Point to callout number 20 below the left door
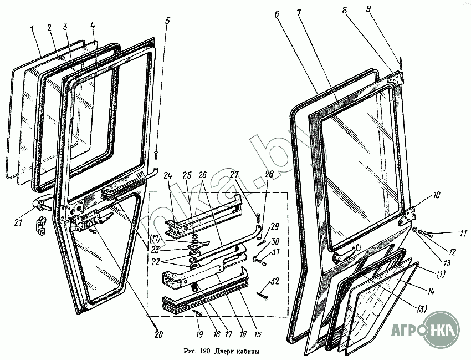(159, 334)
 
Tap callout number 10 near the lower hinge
(437, 195)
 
